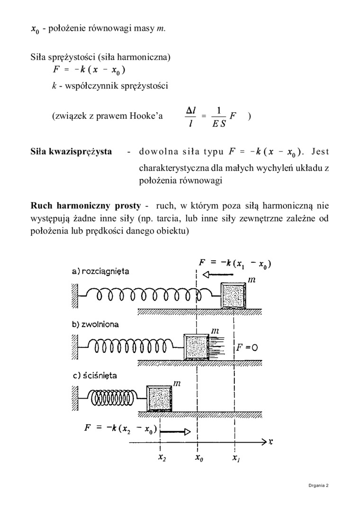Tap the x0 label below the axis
[x=199, y=458]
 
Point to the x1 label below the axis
[x=235, y=458]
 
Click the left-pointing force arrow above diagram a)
[x=211, y=275]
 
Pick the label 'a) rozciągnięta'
[x=100, y=272]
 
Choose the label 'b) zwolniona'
[x=95, y=325]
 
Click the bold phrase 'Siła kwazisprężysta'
[x=71, y=152]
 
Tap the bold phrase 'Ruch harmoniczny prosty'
[x=85, y=206]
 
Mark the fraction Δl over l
[x=191, y=116]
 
